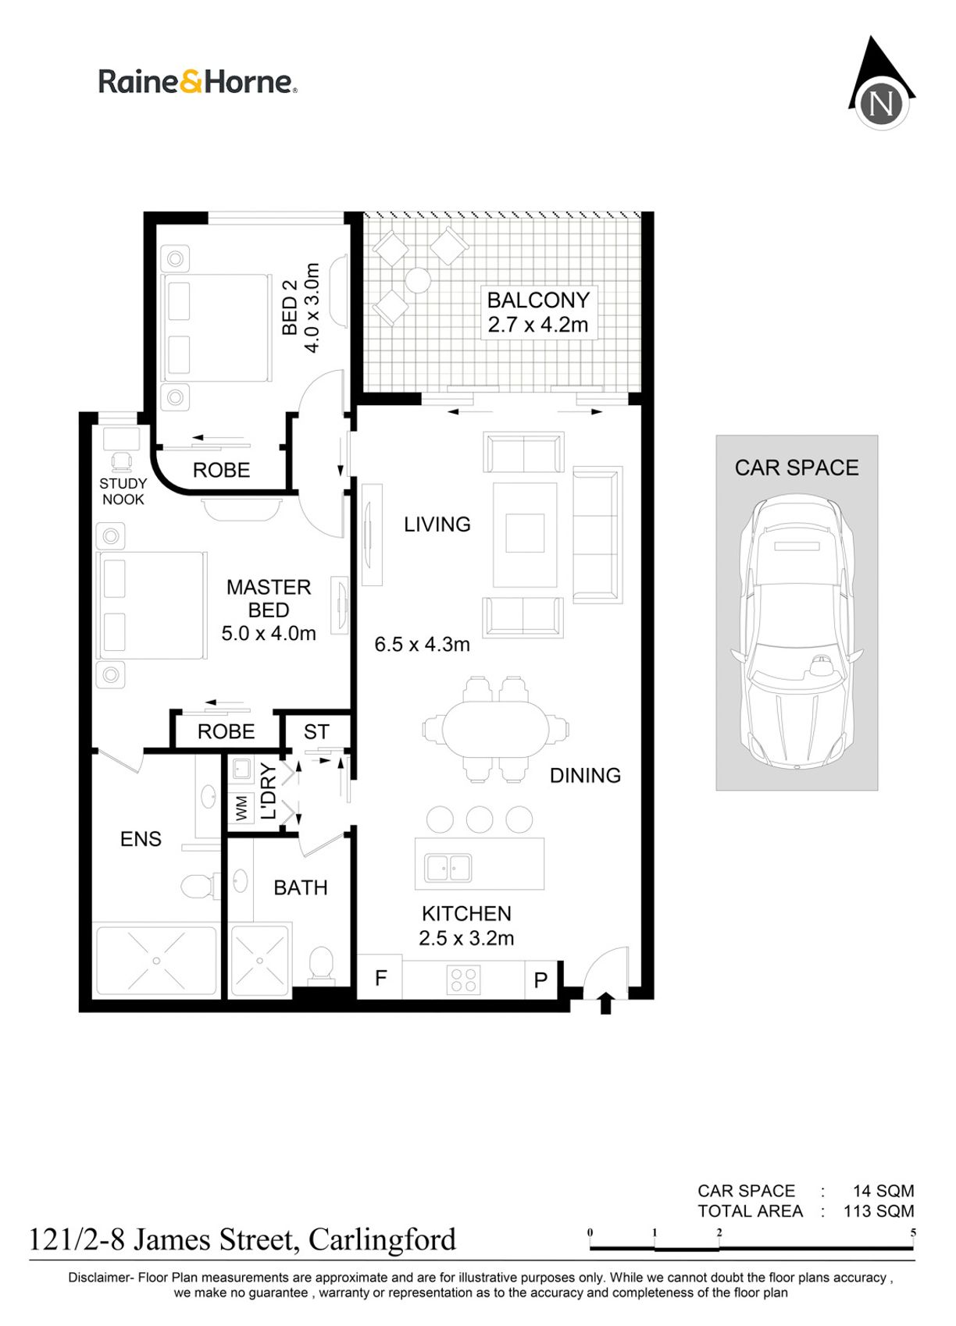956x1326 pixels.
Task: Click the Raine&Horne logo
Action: tap(198, 82)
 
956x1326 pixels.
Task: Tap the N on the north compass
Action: tap(882, 104)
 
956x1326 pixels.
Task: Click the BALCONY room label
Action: tap(538, 300)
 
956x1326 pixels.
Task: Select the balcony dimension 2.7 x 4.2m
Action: tap(538, 325)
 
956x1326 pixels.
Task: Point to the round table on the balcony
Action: tap(418, 280)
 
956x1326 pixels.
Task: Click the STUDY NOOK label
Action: tap(123, 492)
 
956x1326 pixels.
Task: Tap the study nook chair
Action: tap(121, 460)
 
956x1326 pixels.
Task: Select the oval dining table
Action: tap(496, 729)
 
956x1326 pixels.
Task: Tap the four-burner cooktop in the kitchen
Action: tap(464, 979)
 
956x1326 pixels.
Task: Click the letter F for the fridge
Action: tap(381, 978)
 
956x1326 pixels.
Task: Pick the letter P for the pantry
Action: tap(540, 980)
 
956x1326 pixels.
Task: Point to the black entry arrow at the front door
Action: tap(605, 1004)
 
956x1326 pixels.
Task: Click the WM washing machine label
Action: tap(241, 808)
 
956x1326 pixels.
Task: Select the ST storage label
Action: tap(316, 732)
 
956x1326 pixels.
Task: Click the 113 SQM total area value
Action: tap(879, 1210)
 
